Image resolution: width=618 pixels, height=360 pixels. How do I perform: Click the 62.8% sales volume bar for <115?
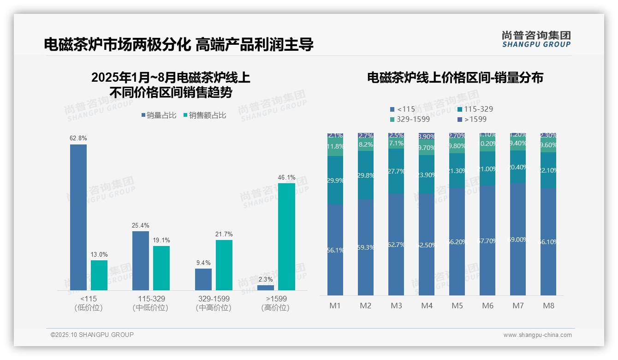(x=78, y=217)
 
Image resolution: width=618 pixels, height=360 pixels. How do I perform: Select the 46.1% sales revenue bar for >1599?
(x=286, y=236)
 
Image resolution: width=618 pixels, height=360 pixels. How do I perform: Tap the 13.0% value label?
(x=99, y=254)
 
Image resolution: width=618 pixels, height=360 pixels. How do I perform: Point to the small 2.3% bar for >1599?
(x=266, y=288)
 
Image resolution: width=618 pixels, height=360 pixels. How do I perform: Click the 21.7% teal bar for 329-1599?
(x=224, y=265)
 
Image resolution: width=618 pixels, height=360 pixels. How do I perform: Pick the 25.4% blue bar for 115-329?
(x=141, y=260)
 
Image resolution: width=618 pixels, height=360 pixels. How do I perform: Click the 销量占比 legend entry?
(x=159, y=115)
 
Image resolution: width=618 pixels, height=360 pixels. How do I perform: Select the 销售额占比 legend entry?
(x=204, y=115)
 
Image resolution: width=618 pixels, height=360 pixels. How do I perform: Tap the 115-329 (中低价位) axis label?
(x=150, y=303)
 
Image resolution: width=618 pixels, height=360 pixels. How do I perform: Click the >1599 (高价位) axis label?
(x=276, y=303)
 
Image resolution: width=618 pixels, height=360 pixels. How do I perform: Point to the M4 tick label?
(x=427, y=306)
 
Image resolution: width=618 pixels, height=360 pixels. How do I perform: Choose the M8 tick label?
(x=548, y=306)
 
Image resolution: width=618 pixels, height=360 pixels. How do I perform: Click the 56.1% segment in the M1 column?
(x=335, y=250)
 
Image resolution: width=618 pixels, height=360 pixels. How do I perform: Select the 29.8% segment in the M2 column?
(x=366, y=175)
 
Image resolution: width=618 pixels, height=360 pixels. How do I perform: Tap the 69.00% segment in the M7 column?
(x=518, y=239)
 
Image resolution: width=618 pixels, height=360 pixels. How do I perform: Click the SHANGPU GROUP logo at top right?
(x=536, y=39)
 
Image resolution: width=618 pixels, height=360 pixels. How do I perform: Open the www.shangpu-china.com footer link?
(x=537, y=335)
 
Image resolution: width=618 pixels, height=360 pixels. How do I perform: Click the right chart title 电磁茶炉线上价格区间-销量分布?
(x=455, y=78)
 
